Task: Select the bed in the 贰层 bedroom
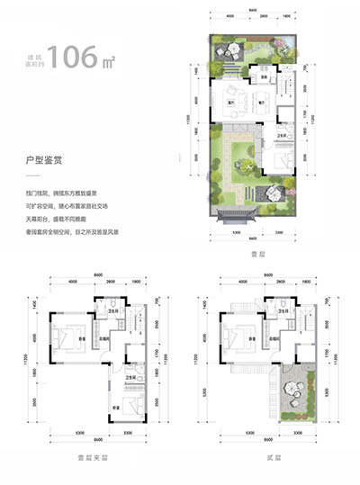[237, 338]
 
